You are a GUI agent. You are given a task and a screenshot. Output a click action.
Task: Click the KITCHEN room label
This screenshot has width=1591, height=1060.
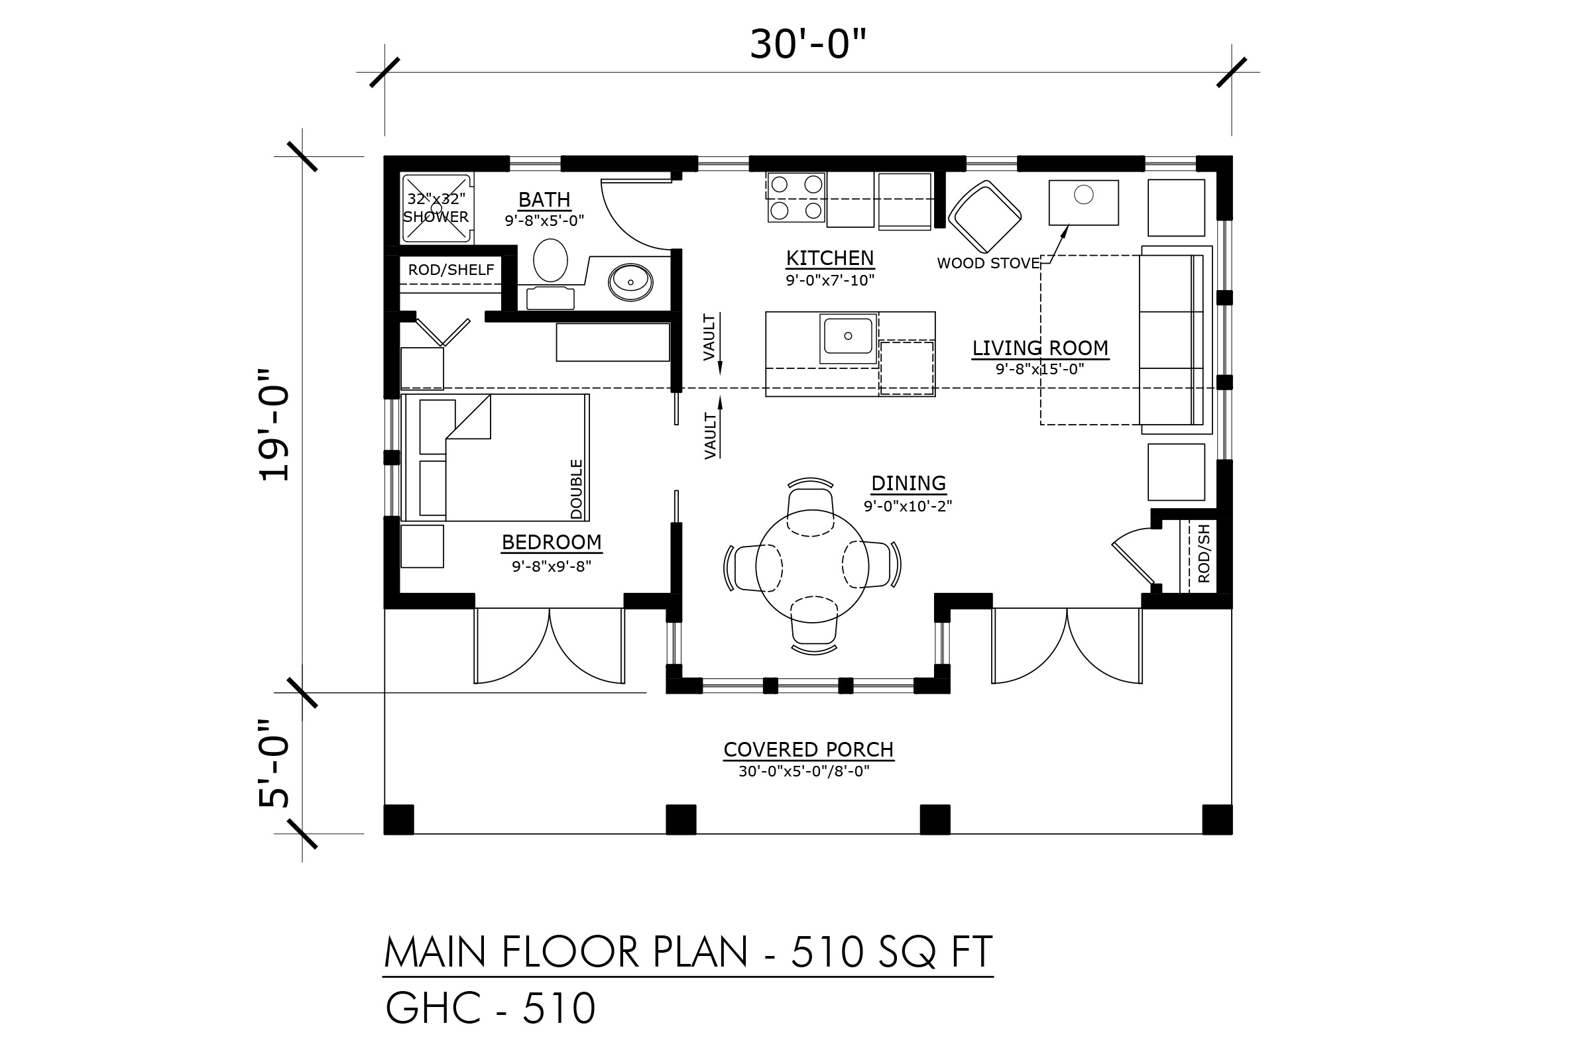tap(829, 258)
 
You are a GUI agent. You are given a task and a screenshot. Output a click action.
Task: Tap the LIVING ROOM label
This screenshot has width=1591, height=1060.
tap(1040, 348)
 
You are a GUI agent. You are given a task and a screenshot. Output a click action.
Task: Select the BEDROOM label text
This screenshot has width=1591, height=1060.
tap(552, 542)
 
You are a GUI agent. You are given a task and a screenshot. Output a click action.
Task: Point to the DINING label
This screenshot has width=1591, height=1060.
tap(908, 484)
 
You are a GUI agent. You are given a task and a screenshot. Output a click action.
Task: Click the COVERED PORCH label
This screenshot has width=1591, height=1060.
tap(808, 750)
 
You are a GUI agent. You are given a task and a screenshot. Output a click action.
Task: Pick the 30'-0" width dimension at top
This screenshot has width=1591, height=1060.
tap(808, 44)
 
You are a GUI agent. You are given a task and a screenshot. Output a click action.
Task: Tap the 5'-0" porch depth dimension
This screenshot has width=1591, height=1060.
tap(274, 763)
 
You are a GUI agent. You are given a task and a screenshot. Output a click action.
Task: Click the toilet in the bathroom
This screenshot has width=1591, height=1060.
tap(551, 260)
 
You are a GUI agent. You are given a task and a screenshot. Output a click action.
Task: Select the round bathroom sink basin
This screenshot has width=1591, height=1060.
tap(630, 283)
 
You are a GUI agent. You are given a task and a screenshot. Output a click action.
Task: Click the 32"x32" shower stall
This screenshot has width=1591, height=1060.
tap(436, 208)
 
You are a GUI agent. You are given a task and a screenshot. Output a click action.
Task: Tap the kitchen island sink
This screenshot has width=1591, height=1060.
tap(849, 338)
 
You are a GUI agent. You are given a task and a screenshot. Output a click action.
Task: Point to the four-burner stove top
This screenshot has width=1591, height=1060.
tap(796, 197)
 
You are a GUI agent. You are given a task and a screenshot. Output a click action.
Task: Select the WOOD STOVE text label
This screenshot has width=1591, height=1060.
tap(988, 264)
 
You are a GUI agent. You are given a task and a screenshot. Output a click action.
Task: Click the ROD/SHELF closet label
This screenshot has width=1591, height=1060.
tap(451, 270)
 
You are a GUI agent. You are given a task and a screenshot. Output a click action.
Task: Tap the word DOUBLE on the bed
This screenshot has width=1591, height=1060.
tap(576, 490)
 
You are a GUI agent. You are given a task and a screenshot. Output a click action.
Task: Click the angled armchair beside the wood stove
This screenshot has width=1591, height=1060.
tap(985, 217)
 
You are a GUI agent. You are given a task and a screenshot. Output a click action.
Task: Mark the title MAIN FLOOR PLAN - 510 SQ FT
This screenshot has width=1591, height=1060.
tap(688, 953)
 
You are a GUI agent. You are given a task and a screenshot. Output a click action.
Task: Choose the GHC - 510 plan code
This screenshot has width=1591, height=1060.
tap(491, 1008)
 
